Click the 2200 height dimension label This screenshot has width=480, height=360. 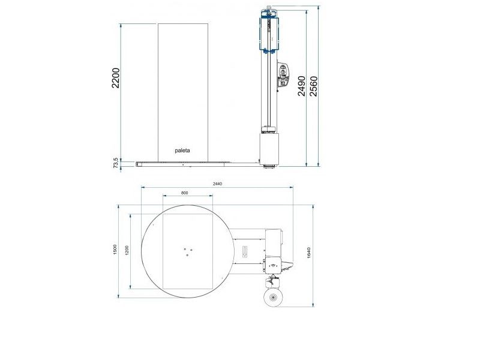point(115,78)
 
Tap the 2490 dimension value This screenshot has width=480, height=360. point(302,86)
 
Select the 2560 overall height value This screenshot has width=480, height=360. point(313,86)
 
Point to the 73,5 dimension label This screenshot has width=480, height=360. point(116,163)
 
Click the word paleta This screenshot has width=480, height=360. point(182,151)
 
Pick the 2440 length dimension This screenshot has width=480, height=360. point(217,184)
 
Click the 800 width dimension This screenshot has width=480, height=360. point(184,193)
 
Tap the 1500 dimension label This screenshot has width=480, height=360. point(115,249)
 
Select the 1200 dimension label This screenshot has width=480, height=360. point(127,250)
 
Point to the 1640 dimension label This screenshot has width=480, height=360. point(308,253)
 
